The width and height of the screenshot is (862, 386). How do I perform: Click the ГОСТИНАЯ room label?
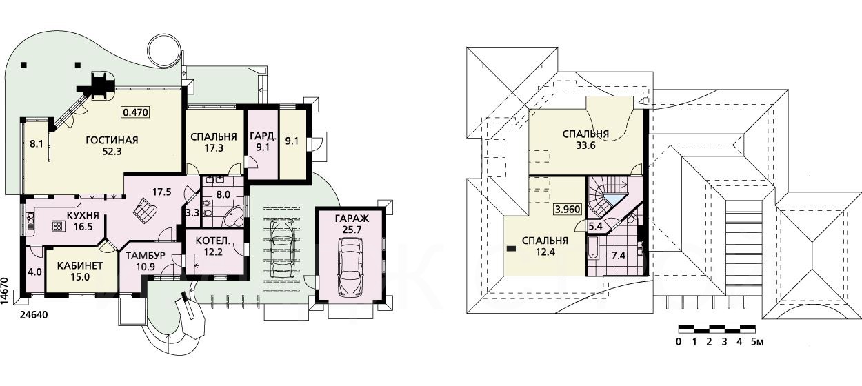pos(112,140)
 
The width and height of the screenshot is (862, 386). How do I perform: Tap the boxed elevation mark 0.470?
pos(135,112)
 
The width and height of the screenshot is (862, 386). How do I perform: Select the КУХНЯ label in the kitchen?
pos(83,215)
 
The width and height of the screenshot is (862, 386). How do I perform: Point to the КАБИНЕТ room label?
pos(80,265)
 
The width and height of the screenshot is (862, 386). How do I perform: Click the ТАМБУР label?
pos(146,256)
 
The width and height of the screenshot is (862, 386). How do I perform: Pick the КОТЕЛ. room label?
pos(213,241)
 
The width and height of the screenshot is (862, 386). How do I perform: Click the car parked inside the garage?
pos(350,267)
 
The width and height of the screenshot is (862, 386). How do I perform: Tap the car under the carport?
pos(282,247)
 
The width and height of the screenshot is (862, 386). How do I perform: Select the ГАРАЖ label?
pos(352,219)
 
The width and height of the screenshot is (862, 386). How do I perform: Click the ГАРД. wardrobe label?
pos(263,136)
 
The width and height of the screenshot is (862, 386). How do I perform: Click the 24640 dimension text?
pos(34,315)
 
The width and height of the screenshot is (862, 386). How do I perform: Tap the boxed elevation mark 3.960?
pos(568,210)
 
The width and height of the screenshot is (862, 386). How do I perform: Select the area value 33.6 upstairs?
pos(585,145)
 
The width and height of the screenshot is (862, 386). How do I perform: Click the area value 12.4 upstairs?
pos(545,252)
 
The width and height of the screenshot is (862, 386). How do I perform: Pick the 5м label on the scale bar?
pos(757,341)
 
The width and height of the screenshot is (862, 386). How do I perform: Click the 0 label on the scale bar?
pos(679,341)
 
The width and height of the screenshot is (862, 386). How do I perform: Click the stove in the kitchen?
pos(57,226)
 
